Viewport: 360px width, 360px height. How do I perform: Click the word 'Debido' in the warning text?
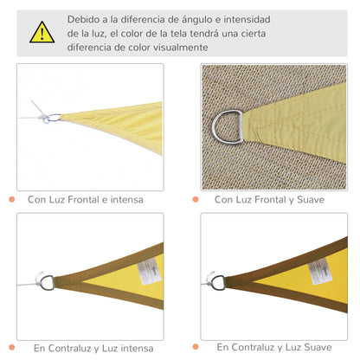coord(87,18)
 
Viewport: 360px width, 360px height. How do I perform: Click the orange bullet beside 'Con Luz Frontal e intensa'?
coord(12,199)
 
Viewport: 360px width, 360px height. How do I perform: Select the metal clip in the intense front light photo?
coord(52,118)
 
